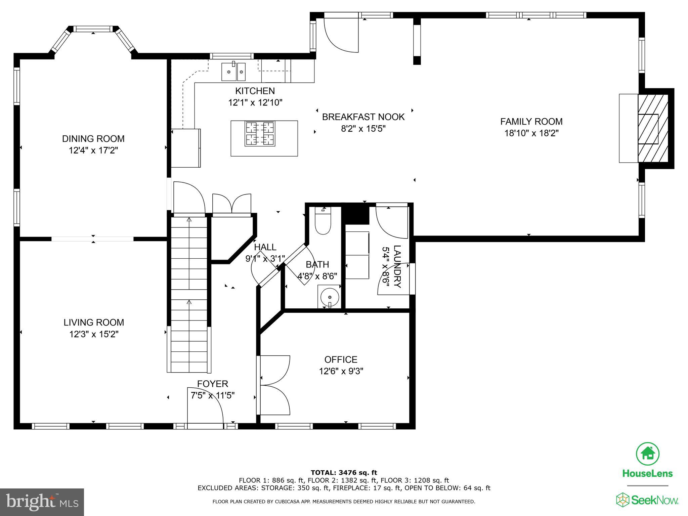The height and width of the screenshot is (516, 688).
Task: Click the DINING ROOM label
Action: [93, 138]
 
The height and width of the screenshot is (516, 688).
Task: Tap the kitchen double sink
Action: [233, 72]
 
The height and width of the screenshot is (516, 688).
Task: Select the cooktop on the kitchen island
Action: [260, 134]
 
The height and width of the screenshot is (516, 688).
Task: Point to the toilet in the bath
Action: [323, 222]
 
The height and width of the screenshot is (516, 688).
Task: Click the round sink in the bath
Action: [329, 297]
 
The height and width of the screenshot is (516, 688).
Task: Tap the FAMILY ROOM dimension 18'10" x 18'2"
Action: [531, 133]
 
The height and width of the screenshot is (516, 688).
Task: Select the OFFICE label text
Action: [341, 359]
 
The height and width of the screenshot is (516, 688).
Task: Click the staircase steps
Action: [189, 292]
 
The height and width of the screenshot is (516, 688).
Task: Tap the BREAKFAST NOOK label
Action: [363, 117]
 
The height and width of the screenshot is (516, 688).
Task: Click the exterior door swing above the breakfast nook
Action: [341, 35]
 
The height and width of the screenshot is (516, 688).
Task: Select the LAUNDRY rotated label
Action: [397, 266]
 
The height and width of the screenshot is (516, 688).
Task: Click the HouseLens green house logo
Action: [647, 454]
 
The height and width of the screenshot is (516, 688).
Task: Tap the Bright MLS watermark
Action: [42, 502]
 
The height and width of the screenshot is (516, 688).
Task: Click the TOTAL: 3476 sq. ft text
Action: [344, 473]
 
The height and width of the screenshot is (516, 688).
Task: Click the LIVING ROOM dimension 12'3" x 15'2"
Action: [94, 334]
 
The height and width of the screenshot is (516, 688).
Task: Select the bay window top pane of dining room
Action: [93, 29]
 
